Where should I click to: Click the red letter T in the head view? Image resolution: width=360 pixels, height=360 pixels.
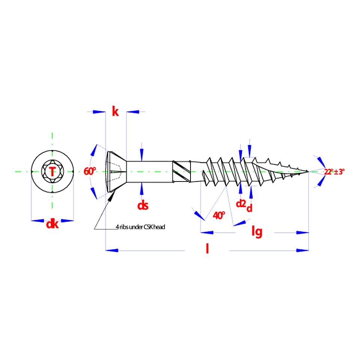pos(52,171)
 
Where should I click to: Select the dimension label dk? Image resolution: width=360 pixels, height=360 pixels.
pos(52,224)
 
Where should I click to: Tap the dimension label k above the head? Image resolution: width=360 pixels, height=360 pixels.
pos(115,112)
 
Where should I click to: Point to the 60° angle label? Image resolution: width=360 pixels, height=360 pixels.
pos(90,171)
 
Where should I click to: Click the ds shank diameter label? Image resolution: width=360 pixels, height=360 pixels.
pos(143,205)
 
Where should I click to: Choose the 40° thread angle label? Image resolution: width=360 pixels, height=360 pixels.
pos(219,215)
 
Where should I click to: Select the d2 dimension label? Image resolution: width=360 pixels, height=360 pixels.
pos(241,203)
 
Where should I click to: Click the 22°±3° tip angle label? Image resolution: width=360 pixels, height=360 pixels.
pos(334,172)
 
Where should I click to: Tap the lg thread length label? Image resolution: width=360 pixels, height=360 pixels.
pos(257,231)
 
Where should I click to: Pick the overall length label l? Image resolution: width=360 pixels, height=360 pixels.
pos(207,248)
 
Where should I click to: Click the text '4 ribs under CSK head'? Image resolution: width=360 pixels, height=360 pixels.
pos(140,227)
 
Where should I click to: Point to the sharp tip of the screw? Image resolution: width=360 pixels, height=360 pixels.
pos(308,171)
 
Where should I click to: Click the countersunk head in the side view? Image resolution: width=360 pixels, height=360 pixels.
pos(116,171)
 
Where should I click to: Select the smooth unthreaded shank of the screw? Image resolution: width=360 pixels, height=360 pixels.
pos(150,172)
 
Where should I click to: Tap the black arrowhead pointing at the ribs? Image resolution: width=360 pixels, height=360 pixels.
pos(112,196)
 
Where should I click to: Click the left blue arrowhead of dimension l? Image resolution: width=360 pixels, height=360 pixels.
pos(112,250)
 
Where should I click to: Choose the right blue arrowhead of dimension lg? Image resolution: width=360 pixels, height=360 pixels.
pos(303,232)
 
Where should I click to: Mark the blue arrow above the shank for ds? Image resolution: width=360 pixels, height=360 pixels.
pos(142,155)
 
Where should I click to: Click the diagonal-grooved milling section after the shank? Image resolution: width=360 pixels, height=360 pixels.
pos(181,172)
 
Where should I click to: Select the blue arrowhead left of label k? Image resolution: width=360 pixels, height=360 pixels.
pos(99,112)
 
